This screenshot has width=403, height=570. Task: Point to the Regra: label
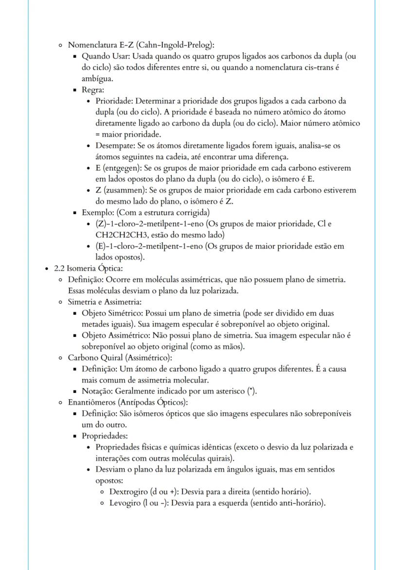click(x=92, y=90)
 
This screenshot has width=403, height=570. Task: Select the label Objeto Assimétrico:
click(x=113, y=335)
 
